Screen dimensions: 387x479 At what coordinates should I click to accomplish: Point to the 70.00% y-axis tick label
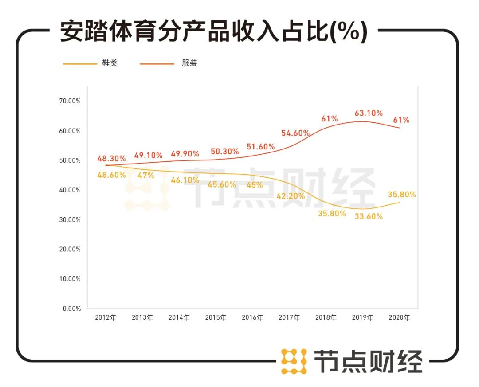(x=70, y=101)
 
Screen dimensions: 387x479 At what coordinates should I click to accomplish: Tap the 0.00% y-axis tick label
(x=71, y=309)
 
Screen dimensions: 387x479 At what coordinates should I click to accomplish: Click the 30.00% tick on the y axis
(x=70, y=220)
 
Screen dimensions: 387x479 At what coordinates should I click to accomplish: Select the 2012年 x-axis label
(x=106, y=318)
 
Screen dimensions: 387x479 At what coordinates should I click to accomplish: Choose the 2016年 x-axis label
(x=252, y=318)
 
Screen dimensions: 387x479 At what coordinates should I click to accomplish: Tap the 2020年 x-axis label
(x=399, y=318)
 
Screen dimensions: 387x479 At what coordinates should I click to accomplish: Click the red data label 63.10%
(x=369, y=113)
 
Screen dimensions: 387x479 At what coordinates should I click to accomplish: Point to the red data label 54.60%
(x=295, y=133)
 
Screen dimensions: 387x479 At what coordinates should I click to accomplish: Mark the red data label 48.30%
(x=112, y=158)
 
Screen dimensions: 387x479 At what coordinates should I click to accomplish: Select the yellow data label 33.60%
(x=369, y=217)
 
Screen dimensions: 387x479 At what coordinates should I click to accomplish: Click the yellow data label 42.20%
(x=291, y=196)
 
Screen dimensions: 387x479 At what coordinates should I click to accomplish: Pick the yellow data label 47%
(x=145, y=176)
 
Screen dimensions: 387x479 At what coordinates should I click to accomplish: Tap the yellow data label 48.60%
(x=112, y=175)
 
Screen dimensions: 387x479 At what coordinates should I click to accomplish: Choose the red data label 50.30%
(x=224, y=152)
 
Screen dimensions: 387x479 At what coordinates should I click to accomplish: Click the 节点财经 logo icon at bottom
(x=294, y=361)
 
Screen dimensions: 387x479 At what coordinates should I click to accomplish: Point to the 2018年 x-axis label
(x=326, y=318)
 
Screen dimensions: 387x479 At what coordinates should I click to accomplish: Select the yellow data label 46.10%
(x=185, y=180)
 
